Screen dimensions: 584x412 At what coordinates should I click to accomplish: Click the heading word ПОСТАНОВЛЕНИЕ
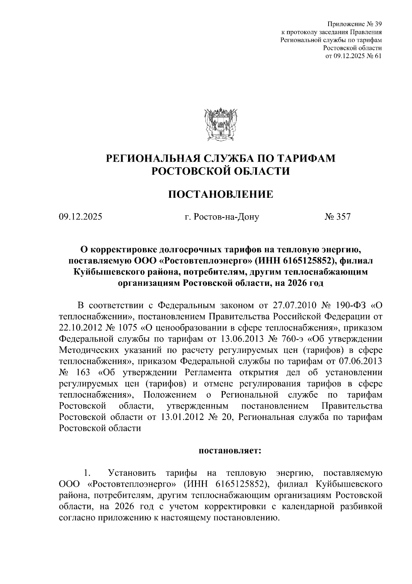220,195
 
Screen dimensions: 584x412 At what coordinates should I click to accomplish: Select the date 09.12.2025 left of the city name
80,217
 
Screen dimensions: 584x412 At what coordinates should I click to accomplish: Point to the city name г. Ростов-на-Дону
221,217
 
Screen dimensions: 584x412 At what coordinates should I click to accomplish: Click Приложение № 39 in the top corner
355,24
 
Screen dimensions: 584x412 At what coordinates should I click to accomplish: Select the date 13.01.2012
180,418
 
